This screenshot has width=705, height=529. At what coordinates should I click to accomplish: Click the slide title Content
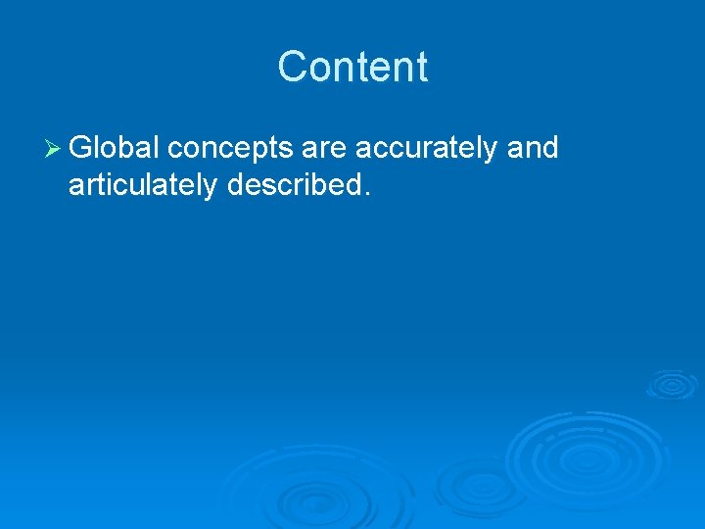[352, 67]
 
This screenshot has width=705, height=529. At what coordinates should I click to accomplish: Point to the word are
[324, 150]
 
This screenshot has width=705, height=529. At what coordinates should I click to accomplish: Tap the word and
[533, 148]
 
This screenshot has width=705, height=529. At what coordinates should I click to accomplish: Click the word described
[295, 184]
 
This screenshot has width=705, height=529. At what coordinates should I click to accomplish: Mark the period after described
[367, 193]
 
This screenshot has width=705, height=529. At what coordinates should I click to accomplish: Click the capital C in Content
[291, 67]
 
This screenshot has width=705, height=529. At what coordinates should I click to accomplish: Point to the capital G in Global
[81, 148]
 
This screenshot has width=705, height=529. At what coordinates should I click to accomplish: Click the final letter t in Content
[422, 68]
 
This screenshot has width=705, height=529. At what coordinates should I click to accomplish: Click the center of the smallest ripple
[672, 383]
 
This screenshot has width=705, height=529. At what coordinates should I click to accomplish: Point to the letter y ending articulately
[212, 189]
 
